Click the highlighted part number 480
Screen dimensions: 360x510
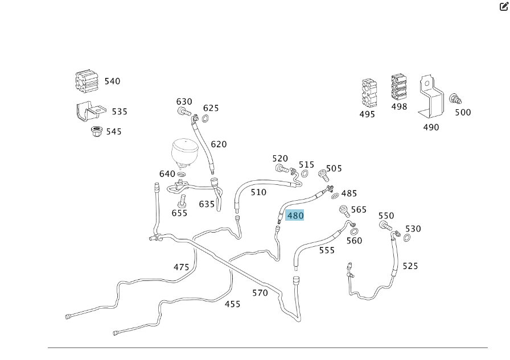tap(295, 216)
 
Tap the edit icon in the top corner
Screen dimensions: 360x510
tap(503, 7)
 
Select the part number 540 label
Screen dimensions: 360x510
tap(112, 81)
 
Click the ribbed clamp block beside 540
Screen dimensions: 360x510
tap(87, 81)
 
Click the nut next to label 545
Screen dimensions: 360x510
tap(96, 132)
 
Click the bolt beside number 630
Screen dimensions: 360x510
tap(183, 111)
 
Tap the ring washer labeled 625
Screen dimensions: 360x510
tap(205, 119)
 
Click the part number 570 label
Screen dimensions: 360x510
tap(260, 293)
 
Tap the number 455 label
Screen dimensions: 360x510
tap(232, 304)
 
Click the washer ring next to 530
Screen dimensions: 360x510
tap(408, 237)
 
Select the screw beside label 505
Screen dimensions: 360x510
tap(323, 173)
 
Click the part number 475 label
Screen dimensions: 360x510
tap(181, 267)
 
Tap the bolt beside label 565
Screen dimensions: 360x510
tap(344, 210)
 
